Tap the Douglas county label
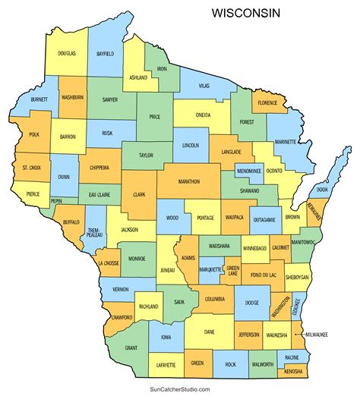point(66,54)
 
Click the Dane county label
point(209,331)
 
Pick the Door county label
point(323,190)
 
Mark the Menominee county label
point(249,171)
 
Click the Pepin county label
point(57,201)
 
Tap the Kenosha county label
point(294,371)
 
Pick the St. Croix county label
point(31,166)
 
